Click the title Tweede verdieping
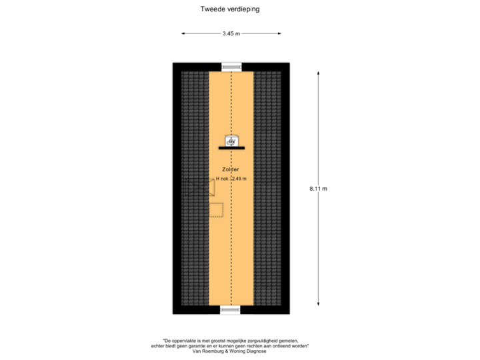pyautogui.click(x=231, y=9)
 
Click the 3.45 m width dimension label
pyautogui.click(x=231, y=33)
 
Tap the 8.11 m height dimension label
pyautogui.click(x=318, y=189)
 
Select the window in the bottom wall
pyautogui.click(x=231, y=310)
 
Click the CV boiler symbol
pyautogui.click(x=231, y=141)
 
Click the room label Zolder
pyautogui.click(x=231, y=170)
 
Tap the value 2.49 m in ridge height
pyautogui.click(x=239, y=179)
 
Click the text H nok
pyautogui.click(x=222, y=179)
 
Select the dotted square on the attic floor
pyautogui.click(x=217, y=209)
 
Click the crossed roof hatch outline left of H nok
pyautogui.click(x=200, y=187)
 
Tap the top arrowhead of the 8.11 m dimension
pyautogui.click(x=318, y=73)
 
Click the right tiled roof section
pyautogui.click(x=267, y=187)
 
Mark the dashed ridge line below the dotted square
pyautogui.click(x=231, y=267)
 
